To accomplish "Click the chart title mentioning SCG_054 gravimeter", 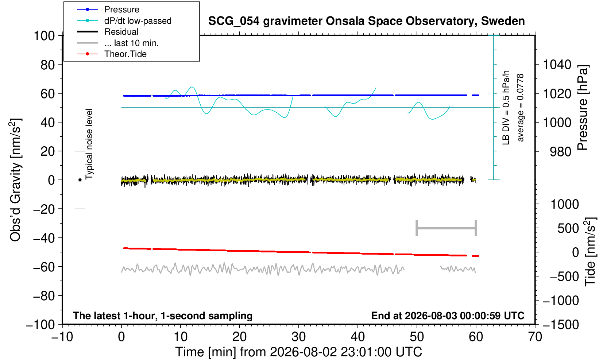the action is click(366, 21).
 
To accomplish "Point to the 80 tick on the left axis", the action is click(48, 65).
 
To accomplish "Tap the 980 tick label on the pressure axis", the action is click(560, 152).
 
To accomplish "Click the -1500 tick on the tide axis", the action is click(560, 325).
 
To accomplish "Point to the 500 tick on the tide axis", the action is click(568, 228).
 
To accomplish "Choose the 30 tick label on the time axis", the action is click(298, 337).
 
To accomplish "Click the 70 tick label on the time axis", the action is click(535, 337).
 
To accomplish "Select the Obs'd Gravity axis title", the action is click(15, 180).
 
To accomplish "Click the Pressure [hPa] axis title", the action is click(583, 108).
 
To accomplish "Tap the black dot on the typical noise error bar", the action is click(80, 180).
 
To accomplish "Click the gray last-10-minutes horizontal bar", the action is click(447, 228).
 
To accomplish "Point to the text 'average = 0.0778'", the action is click(520, 108).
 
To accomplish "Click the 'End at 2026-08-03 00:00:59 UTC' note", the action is click(448, 316).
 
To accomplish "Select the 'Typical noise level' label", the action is click(89, 144).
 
